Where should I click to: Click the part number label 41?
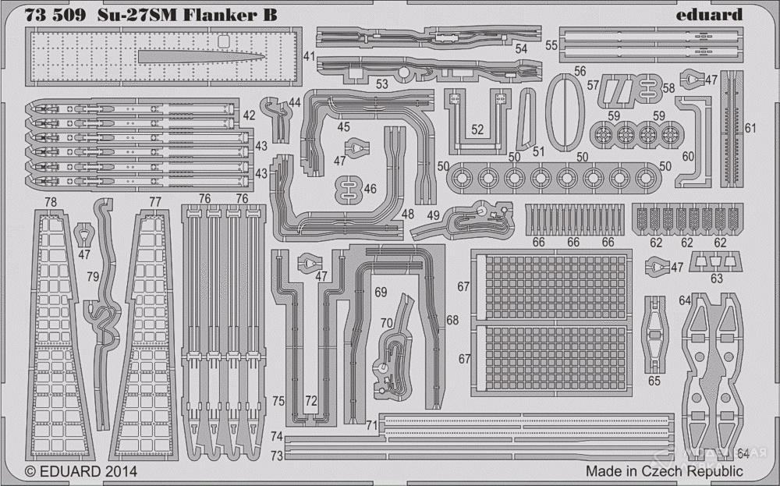point(309,57)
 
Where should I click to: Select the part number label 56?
point(579,71)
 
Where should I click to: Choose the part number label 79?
point(92,276)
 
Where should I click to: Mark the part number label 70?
point(386,321)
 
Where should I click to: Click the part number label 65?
point(654,381)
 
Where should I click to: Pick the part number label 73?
point(277,455)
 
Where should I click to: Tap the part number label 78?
point(51,201)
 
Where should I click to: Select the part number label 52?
point(477,129)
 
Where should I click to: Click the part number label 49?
point(433,216)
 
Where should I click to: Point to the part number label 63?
point(716,278)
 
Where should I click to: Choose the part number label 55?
point(551,45)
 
